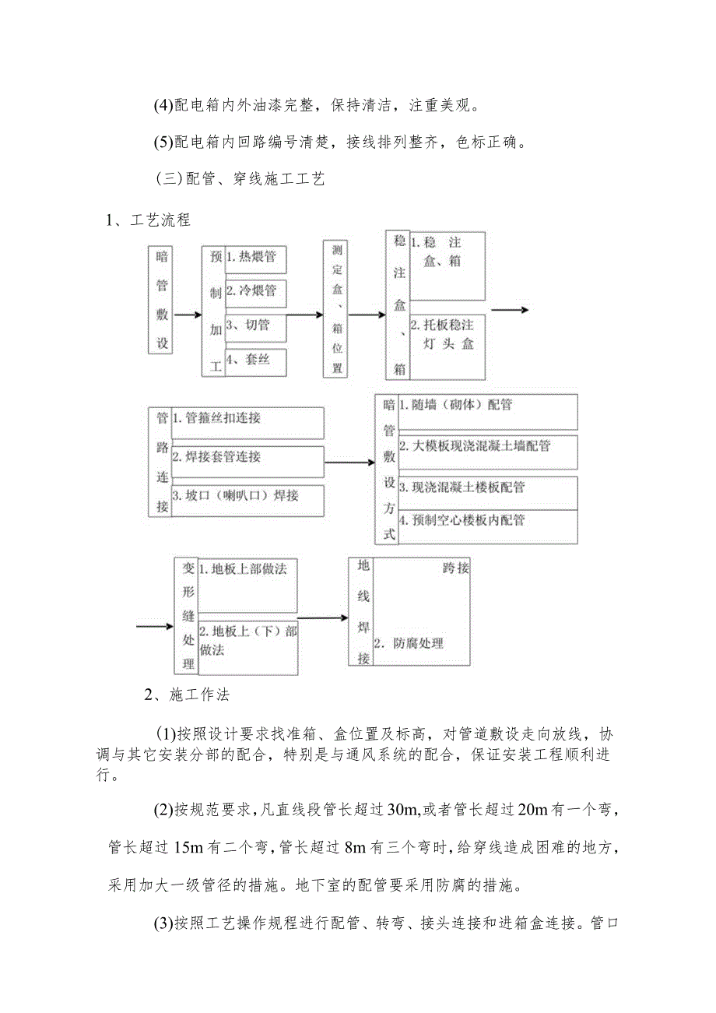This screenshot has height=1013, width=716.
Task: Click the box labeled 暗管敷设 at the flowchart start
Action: pyautogui.click(x=162, y=300)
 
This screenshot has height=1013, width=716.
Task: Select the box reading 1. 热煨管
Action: pyautogui.click(x=255, y=259)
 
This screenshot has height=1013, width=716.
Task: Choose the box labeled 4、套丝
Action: pyautogui.click(x=255, y=361)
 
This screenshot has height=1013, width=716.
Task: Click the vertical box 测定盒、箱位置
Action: pyautogui.click(x=337, y=308)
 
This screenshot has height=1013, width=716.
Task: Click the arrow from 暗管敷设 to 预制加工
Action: pyautogui.click(x=188, y=315)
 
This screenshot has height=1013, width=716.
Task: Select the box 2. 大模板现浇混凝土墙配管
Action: pyautogui.click(x=487, y=451)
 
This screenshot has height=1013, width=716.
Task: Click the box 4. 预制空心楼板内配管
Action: pyautogui.click(x=487, y=526)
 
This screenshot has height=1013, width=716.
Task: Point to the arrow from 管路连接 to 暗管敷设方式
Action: pyautogui.click(x=349, y=463)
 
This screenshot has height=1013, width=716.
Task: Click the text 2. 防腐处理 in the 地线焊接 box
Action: pyautogui.click(x=409, y=643)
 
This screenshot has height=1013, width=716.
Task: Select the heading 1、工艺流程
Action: pyautogui.click(x=149, y=220)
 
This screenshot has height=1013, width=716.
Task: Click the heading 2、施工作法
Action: pyautogui.click(x=188, y=695)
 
